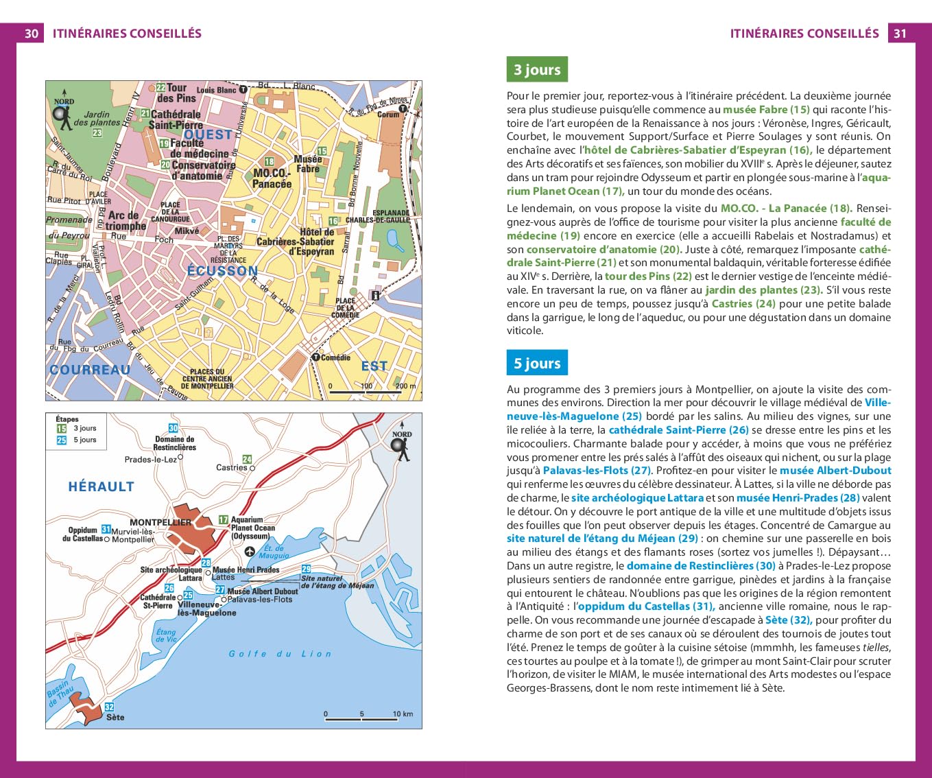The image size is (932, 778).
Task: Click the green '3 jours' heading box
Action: [537, 69]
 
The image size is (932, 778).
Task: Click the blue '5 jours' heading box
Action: [537, 364]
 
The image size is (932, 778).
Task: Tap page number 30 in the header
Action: [32, 34]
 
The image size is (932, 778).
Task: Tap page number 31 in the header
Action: [900, 34]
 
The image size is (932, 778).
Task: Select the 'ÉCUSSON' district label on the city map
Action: [222, 271]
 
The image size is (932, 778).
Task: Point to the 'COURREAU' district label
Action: [90, 370]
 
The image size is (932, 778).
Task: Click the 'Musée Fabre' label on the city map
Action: [307, 164]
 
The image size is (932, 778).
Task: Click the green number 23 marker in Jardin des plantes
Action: [97, 132]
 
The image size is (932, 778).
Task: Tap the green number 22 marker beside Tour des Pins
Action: [160, 88]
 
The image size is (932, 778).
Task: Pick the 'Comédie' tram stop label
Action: [335, 357]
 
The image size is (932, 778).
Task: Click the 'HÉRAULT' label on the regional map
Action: [101, 487]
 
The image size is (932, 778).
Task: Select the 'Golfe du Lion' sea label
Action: [280, 654]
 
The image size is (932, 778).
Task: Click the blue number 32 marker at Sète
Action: [109, 707]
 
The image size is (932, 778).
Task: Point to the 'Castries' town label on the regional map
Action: [232, 468]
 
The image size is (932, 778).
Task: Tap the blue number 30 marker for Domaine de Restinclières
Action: [174, 428]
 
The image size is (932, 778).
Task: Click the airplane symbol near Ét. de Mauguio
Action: [250, 551]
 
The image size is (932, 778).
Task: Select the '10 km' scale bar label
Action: [403, 714]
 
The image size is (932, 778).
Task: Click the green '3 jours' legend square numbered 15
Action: [62, 429]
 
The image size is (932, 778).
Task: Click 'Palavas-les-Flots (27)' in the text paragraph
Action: [596, 471]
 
